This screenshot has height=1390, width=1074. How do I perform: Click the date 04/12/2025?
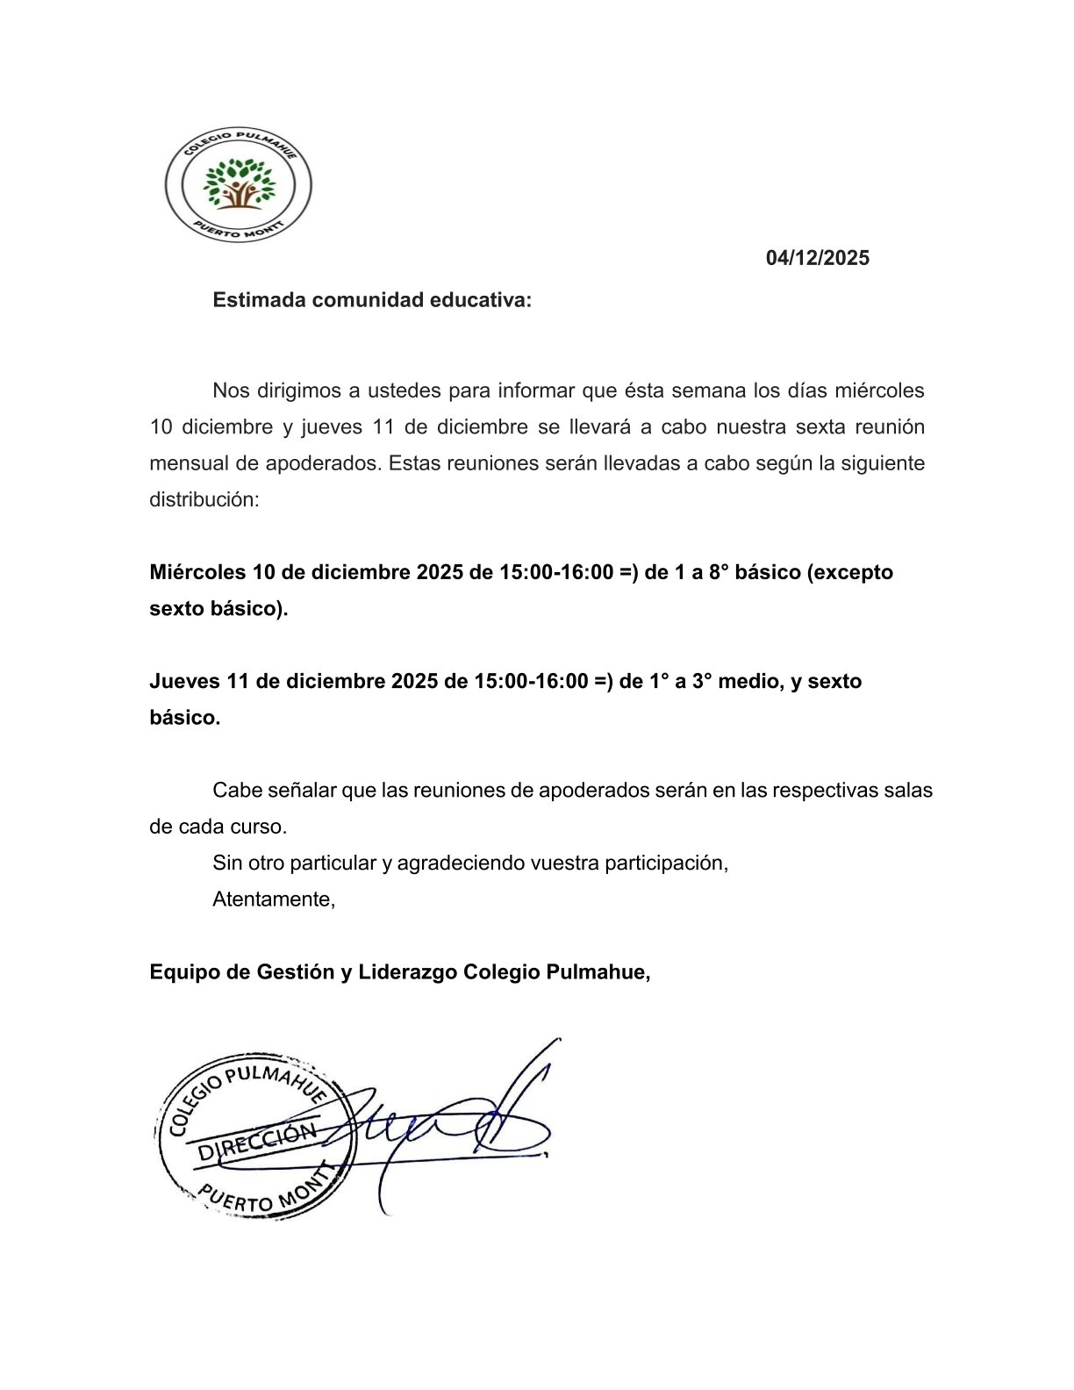(817, 258)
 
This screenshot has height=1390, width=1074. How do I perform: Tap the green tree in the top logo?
(239, 182)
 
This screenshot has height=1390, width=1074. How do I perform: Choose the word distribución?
(204, 500)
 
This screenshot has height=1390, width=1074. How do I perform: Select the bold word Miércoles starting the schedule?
(197, 572)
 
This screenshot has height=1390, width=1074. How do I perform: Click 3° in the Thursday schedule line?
(700, 681)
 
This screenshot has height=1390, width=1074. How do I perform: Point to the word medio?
(750, 681)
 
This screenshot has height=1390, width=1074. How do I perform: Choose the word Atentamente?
(273, 899)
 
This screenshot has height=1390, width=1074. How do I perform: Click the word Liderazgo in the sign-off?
(406, 972)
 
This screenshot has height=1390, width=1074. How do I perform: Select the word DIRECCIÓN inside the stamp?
(255, 1141)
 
